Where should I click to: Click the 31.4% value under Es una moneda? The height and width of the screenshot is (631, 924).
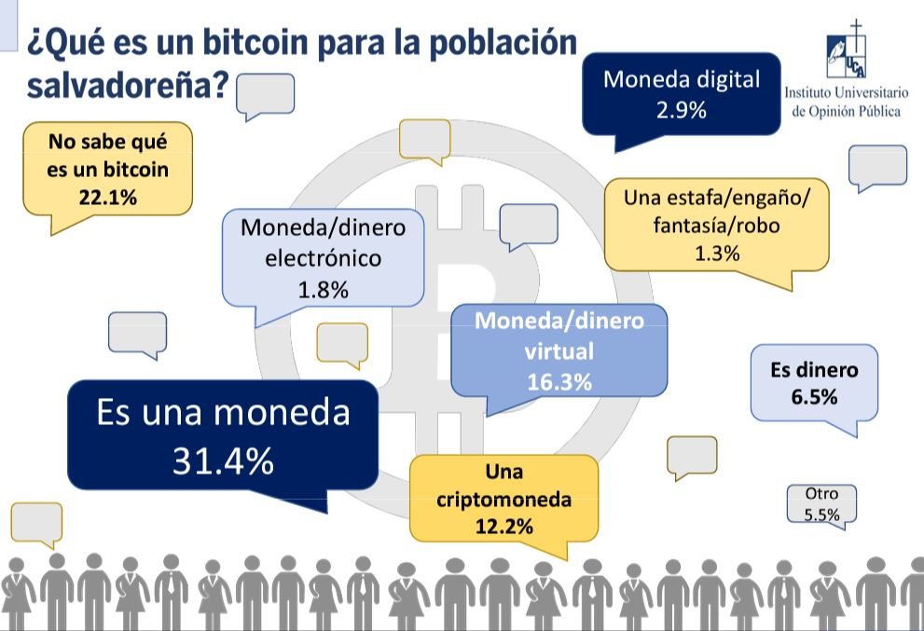point(223,460)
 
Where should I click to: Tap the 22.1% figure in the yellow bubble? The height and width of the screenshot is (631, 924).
point(108,198)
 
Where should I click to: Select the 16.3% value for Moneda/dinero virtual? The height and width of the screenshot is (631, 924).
point(559,381)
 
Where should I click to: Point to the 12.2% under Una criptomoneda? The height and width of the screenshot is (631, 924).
point(503,526)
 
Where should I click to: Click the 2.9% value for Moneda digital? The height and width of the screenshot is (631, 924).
point(682,111)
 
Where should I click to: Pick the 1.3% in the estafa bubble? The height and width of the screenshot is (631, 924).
point(717,253)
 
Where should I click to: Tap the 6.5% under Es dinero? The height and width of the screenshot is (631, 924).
point(814,396)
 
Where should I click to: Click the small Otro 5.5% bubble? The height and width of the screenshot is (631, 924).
point(821,504)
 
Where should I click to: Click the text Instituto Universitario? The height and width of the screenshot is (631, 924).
point(846,93)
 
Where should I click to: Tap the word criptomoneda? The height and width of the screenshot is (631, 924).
point(503,500)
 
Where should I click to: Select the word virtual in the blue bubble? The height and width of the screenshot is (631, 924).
point(559,351)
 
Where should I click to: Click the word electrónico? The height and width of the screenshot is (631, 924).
point(323,258)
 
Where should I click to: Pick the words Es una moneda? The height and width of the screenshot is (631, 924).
point(223,413)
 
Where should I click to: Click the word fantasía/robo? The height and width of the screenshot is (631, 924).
point(717,225)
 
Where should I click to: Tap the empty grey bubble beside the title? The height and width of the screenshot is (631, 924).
point(266,94)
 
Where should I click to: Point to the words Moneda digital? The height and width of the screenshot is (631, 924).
point(682,79)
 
